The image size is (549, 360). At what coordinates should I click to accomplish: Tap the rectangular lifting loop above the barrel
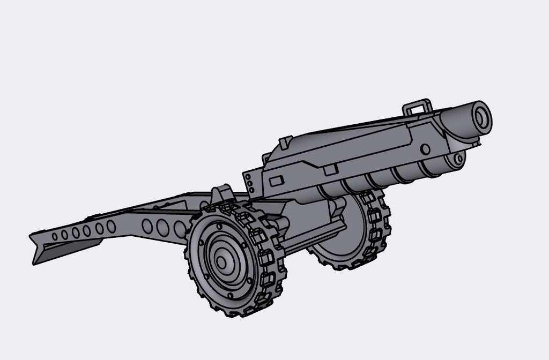(x=418, y=106)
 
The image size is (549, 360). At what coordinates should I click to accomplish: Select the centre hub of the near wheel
(x=221, y=262)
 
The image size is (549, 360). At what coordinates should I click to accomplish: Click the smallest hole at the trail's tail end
(x=55, y=236)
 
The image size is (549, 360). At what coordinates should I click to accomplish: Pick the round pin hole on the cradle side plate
(x=425, y=149)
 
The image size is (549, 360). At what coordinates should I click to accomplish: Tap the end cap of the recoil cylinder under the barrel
(x=457, y=159)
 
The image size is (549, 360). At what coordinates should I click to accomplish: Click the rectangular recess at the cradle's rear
(x=277, y=181)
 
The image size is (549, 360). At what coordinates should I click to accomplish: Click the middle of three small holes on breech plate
(x=249, y=183)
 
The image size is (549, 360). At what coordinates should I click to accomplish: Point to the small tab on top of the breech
(x=285, y=141)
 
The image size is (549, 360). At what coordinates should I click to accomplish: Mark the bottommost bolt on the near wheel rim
(x=231, y=295)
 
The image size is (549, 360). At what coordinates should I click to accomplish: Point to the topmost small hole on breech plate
(x=249, y=176)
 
